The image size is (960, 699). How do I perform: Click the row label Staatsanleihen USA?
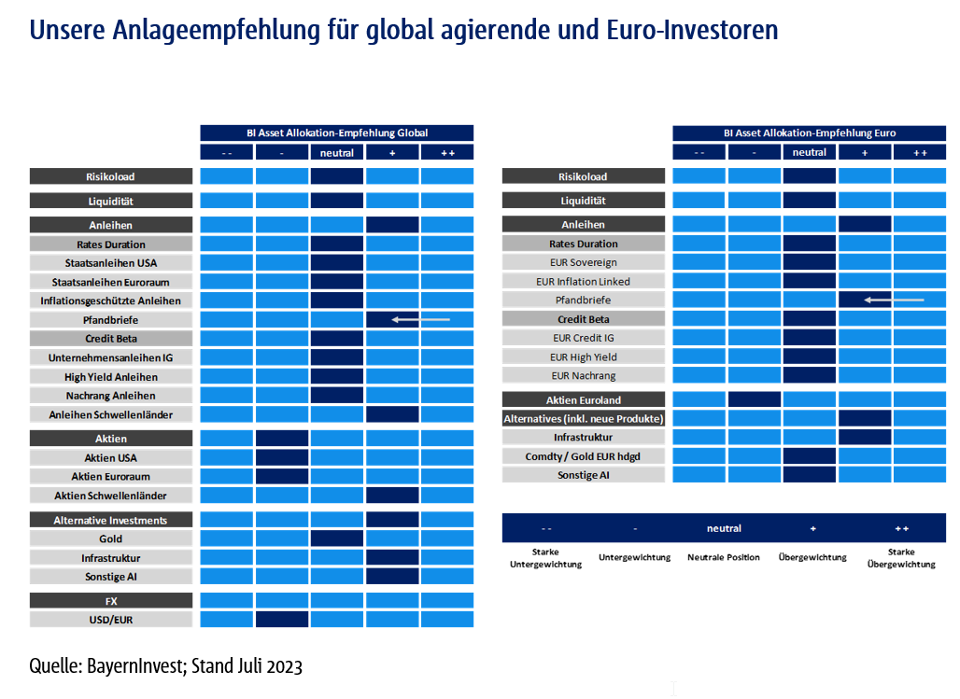110,263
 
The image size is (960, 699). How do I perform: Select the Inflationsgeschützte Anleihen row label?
110,301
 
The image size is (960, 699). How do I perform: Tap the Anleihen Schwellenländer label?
110,414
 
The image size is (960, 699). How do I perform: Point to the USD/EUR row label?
110,619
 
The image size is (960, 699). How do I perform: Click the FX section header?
110,600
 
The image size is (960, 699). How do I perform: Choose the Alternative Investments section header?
110,520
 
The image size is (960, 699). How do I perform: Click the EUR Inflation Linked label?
583,281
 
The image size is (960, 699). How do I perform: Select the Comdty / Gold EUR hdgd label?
583,455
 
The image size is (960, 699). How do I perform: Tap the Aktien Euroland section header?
583,399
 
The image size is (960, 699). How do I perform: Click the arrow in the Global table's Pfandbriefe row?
420,319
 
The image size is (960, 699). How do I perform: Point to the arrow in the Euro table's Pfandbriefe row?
893,300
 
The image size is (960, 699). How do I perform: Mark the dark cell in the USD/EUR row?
282,619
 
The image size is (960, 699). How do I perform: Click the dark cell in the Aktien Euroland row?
755,399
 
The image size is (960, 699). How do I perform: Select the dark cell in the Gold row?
336,538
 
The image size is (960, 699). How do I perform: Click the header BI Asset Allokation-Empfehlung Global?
337,133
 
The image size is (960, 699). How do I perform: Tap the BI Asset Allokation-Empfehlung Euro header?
809,133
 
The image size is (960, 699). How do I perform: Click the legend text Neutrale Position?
724,557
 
